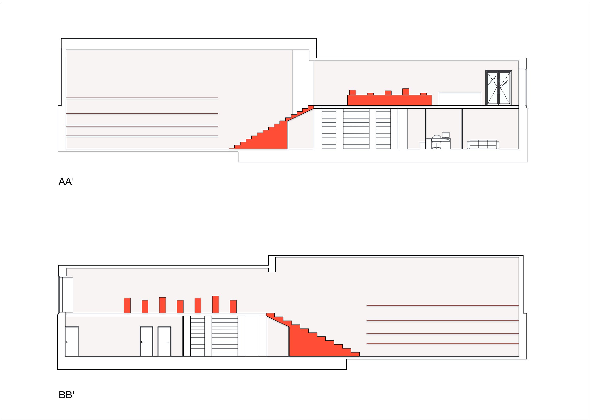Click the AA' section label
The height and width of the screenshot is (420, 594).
click(x=66, y=182)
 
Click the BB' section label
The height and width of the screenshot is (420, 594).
click(x=67, y=395)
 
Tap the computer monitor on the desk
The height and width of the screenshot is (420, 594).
click(x=446, y=135)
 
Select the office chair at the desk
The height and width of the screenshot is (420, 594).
click(x=436, y=142)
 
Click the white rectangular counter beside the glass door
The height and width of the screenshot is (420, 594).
click(x=460, y=99)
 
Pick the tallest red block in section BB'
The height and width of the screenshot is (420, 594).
click(x=216, y=304)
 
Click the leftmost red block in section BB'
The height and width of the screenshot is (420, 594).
click(x=127, y=305)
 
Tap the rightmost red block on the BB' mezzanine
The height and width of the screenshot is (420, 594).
click(x=233, y=306)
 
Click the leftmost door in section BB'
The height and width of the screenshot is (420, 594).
click(x=72, y=341)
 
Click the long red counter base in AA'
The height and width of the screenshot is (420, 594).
click(x=390, y=100)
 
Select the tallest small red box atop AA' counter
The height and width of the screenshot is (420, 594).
click(x=406, y=92)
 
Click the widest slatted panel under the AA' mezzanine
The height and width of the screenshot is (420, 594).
click(x=356, y=129)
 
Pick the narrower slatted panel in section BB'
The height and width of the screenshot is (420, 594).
click(x=198, y=336)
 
